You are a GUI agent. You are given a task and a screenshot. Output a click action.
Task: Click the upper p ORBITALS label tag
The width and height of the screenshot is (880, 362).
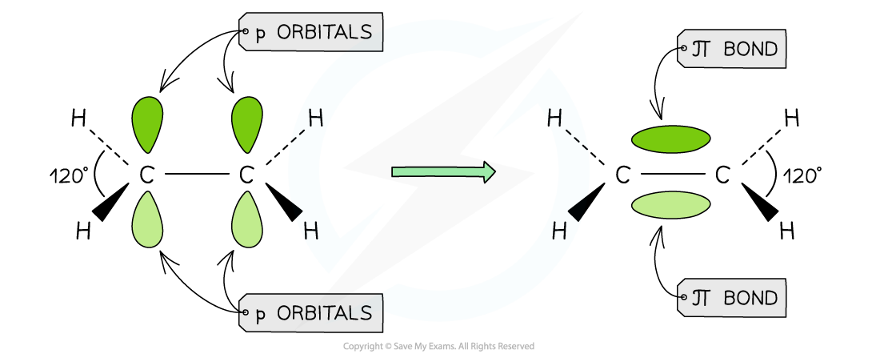(311, 33)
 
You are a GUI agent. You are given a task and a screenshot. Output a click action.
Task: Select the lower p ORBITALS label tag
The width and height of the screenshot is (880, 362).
(311, 313)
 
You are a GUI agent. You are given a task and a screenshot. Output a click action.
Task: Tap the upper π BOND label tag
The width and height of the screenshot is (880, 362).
(732, 50)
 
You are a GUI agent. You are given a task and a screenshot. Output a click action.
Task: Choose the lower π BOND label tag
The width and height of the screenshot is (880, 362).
(732, 299)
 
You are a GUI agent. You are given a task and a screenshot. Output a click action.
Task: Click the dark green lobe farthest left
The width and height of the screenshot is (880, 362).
(147, 122)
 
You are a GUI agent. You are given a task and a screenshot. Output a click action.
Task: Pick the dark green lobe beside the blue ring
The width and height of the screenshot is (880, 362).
(247, 122)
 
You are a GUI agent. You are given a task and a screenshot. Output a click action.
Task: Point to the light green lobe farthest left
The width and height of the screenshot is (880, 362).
(147, 222)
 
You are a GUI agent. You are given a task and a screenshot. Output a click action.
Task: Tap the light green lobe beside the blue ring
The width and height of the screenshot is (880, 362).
(247, 222)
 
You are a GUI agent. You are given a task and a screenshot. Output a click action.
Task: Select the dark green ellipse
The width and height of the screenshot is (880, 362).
(670, 139)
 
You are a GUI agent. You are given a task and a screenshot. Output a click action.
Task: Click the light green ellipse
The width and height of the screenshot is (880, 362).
(670, 205)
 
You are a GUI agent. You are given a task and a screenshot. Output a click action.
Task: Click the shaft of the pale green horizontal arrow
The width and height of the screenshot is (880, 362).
(436, 171)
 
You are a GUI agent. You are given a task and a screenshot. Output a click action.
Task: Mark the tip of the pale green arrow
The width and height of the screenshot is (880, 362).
(491, 171)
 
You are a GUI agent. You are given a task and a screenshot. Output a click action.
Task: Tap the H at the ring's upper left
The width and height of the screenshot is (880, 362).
(315, 119)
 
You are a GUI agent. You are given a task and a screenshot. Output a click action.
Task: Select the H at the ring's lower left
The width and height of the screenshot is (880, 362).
(311, 231)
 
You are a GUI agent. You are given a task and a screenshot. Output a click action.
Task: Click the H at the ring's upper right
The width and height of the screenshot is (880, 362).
(555, 119)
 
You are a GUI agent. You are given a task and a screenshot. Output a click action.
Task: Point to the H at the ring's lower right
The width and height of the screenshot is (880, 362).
(559, 231)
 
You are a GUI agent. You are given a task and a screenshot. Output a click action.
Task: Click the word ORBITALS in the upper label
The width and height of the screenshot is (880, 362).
(324, 33)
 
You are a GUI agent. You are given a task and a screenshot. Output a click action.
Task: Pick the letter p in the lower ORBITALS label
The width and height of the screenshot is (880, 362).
(260, 315)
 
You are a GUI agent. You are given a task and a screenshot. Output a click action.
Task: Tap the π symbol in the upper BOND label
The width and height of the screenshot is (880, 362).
(702, 50)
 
